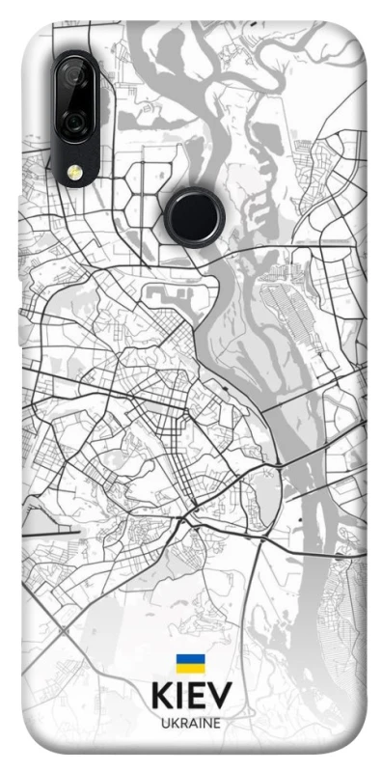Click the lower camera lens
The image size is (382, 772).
72,123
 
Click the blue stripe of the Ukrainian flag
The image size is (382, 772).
191,658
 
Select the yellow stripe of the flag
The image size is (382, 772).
191,668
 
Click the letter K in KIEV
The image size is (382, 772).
161,697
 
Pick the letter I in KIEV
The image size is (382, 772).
180,697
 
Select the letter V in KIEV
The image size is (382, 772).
222,697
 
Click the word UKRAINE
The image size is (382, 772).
191,723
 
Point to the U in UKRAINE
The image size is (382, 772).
165,723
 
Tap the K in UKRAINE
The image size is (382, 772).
174,723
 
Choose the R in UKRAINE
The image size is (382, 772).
182,723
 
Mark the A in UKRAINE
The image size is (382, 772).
192,723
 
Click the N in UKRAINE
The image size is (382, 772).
206,723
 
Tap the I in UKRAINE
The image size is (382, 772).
199,723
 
